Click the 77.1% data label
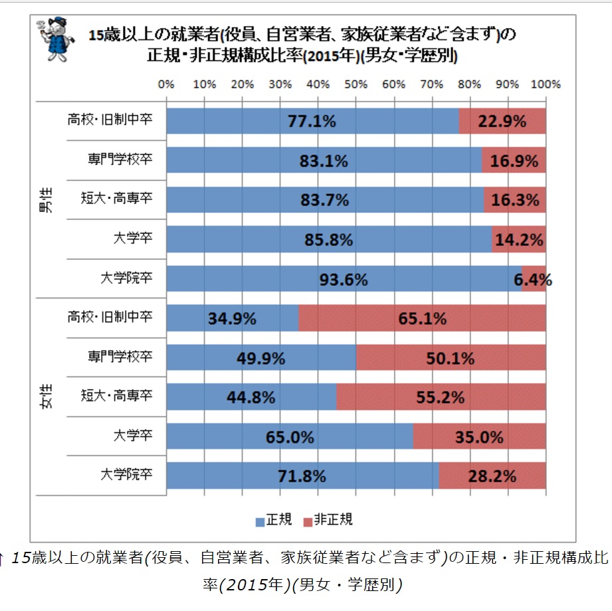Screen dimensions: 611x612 point(312,122)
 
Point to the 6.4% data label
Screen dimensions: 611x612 point(533,280)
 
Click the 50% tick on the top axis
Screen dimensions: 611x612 point(356,84)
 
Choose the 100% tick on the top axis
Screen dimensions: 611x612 point(546,84)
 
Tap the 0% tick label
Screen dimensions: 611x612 point(166,84)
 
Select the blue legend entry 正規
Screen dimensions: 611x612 point(274,520)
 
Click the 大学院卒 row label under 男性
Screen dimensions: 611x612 point(126,279)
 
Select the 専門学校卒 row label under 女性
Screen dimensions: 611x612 point(120,357)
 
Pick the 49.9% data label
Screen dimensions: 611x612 point(261,358)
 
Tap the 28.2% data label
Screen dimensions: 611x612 point(491,476)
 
